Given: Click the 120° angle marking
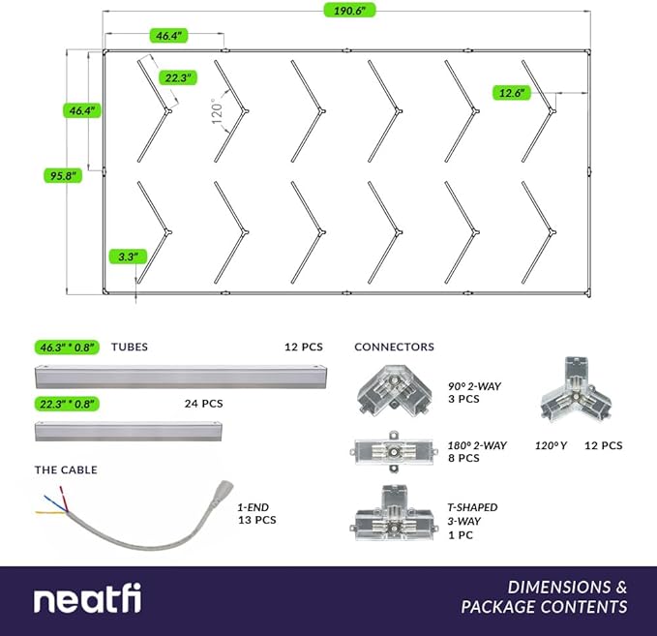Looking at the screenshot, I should (x=218, y=113).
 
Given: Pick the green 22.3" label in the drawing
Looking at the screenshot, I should (x=179, y=77).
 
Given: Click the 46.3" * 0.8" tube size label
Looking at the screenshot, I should (x=69, y=347).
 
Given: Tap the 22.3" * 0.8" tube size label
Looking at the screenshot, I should (x=69, y=403).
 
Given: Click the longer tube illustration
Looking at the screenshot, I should (x=181, y=374).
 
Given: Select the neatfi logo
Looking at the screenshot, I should (x=87, y=598).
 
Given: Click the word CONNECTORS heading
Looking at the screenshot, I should (x=394, y=347).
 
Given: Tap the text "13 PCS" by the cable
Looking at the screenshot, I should (x=257, y=520).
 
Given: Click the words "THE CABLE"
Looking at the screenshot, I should (x=66, y=470).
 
